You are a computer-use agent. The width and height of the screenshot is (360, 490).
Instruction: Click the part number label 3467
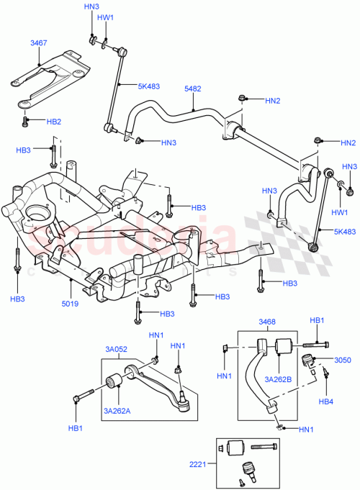coord(39,43)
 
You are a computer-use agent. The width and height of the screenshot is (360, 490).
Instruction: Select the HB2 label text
coord(53,122)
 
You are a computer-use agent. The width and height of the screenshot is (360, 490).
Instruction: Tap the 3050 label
coord(343,360)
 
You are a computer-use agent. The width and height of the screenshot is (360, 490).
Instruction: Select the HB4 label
coord(326,401)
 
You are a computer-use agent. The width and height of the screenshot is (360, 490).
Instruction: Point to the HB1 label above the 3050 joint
coord(318,320)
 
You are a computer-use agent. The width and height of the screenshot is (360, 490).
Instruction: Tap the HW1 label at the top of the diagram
coord(105,17)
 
